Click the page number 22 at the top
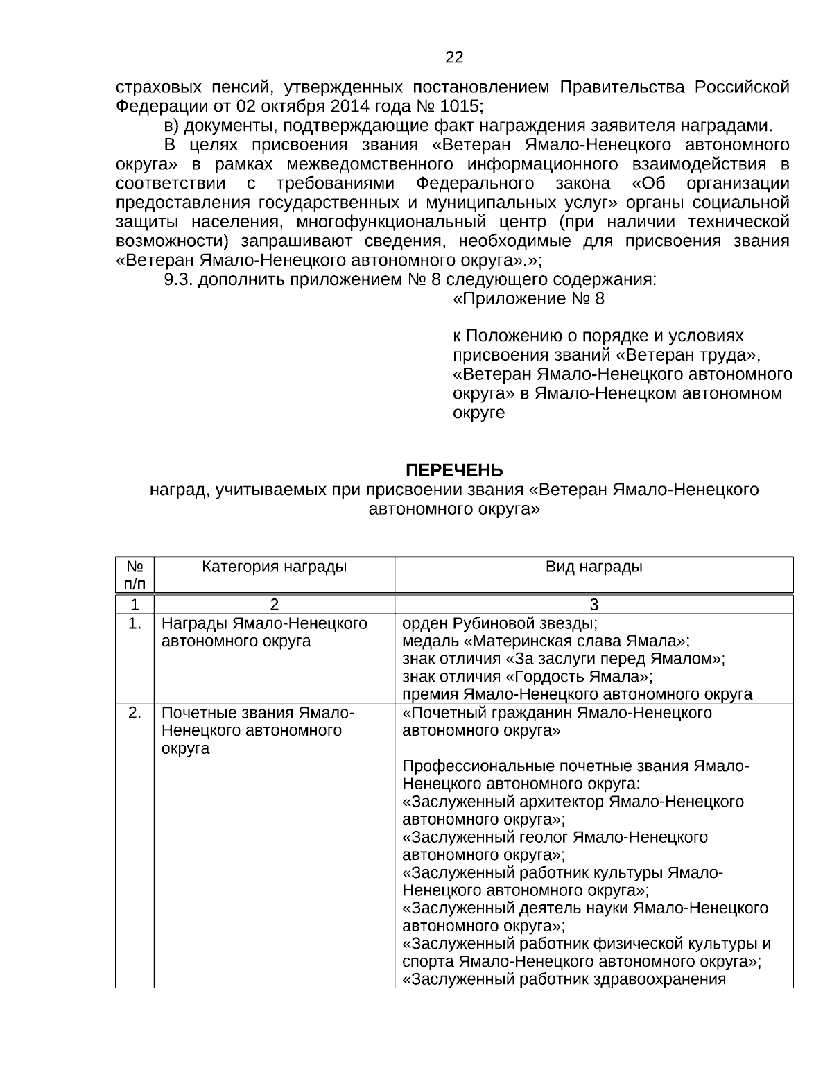click(454, 58)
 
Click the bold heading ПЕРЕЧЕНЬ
click(454, 471)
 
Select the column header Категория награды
click(274, 567)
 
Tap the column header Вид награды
click(593, 567)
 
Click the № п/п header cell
click(135, 575)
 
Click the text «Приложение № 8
click(528, 299)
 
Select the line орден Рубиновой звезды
click(499, 623)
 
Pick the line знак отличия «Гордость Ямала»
click(527, 676)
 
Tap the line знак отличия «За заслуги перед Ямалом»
click(563, 658)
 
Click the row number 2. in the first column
click(135, 713)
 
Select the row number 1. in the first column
click(135, 623)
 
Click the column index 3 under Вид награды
click(593, 603)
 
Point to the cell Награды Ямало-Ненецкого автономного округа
click(264, 632)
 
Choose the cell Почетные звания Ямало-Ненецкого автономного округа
click(258, 730)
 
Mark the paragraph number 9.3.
click(178, 280)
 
